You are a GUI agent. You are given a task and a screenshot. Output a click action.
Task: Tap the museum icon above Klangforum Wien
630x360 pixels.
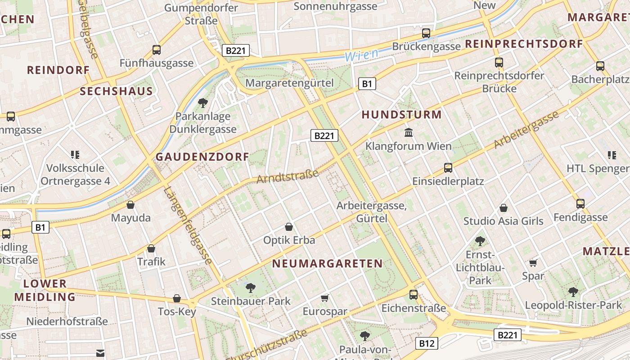pos(409,133)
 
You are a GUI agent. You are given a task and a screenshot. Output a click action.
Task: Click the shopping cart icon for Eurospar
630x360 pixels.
pos(325,298)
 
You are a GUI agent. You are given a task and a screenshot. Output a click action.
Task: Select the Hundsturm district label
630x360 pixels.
pos(401,114)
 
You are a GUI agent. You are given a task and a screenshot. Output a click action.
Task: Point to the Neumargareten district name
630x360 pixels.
pos(328,263)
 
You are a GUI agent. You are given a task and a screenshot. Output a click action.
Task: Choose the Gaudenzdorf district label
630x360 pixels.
pos(202,157)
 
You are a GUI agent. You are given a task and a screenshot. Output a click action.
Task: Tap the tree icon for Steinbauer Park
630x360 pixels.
pos(251,287)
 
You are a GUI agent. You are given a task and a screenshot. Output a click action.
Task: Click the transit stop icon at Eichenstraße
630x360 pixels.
pos(414,295)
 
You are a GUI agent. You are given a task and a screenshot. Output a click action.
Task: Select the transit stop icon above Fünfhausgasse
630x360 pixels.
pos(157,50)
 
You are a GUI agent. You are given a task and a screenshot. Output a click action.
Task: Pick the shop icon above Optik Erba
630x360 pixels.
pos(289,227)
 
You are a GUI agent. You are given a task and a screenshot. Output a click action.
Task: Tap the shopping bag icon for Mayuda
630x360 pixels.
pos(130,205)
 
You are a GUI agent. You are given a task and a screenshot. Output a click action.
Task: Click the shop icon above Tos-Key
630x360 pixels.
pos(177,298)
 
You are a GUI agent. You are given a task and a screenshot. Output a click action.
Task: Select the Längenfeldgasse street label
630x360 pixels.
pos(188,226)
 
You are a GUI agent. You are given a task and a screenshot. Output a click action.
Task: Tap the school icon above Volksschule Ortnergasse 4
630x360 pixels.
pos(75,155)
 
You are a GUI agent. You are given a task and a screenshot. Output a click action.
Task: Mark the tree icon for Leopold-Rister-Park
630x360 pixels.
pos(573,292)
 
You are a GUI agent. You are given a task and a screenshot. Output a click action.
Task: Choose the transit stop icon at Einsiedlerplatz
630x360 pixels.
pos(448,168)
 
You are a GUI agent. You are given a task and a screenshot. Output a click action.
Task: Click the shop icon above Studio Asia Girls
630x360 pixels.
pos(504,208)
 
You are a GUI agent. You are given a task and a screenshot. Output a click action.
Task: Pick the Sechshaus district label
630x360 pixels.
pos(116,91)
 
